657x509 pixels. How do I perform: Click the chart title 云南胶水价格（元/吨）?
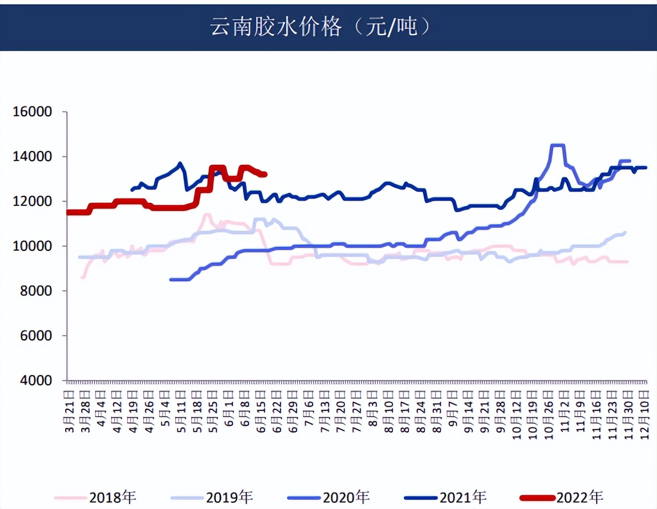coord(320,26)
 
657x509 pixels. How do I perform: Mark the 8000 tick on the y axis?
coord(33,291)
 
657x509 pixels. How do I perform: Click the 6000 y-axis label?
coord(33,336)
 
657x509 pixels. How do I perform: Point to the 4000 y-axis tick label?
coord(33,381)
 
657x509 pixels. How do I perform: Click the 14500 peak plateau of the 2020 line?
coord(557,145)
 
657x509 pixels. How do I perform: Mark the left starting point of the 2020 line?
coord(170,280)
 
